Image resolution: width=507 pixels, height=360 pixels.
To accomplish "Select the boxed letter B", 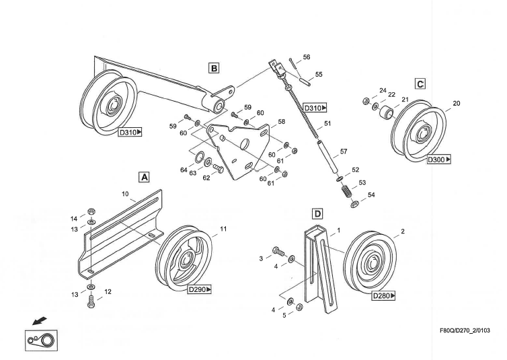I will coord(214,67).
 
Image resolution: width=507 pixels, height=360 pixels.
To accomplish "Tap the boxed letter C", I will coord(420,84).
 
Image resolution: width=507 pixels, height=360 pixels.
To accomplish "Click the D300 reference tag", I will coord(438,160).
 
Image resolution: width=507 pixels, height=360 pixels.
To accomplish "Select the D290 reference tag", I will coord(199,289).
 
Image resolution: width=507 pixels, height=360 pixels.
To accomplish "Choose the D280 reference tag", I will coord(383,295).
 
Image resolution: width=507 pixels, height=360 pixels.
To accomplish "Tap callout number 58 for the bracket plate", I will coord(281,122).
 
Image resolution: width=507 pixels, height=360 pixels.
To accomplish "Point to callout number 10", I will coord(125,194).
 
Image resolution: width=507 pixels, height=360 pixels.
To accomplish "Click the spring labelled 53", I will coord(345,190).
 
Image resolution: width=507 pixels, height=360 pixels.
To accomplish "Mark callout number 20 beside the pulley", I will coord(457,103).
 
